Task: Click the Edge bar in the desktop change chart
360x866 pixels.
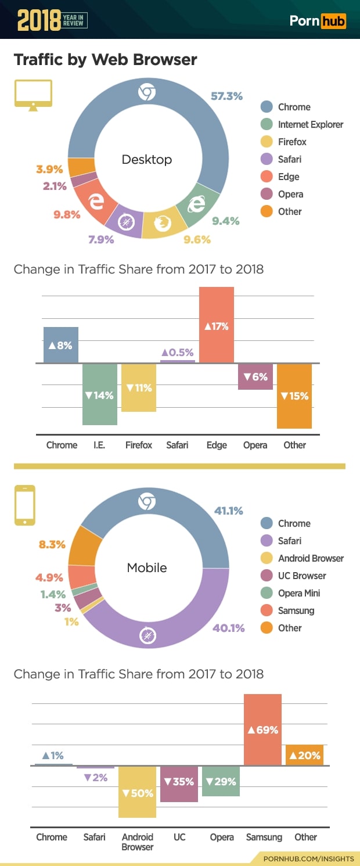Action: point(217,325)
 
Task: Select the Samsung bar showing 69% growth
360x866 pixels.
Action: point(262,730)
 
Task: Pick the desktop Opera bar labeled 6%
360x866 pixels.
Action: point(255,376)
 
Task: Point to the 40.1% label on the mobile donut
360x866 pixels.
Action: point(229,628)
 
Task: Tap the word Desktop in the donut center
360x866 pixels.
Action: point(147,160)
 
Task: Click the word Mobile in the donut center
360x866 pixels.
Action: point(147,568)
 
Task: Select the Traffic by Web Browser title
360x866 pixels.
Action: point(105,60)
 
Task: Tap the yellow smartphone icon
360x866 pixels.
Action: point(25,505)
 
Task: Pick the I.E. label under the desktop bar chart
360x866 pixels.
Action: point(99,445)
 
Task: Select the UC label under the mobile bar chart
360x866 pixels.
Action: point(179,837)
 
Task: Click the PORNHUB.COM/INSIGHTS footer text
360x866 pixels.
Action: point(308,858)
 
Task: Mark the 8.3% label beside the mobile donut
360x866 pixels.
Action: point(52,545)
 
